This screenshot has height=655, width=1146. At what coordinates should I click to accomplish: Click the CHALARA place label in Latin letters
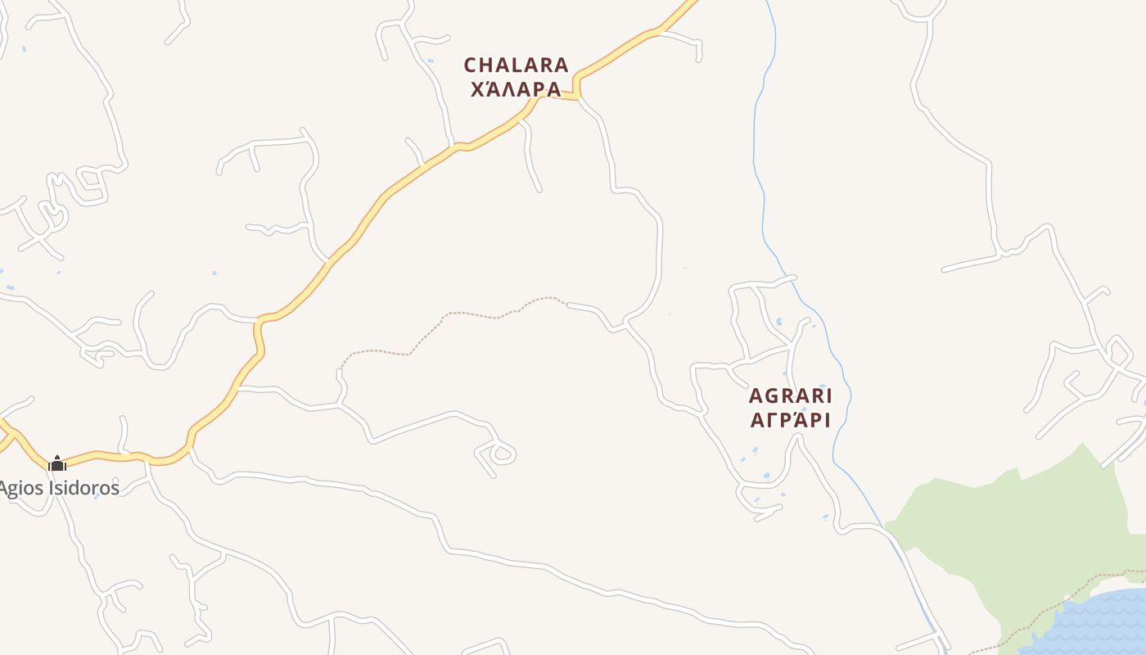[x=516, y=65]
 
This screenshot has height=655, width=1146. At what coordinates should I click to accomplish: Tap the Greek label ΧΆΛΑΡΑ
[x=516, y=88]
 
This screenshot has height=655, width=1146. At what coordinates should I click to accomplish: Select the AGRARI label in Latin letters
[x=790, y=396]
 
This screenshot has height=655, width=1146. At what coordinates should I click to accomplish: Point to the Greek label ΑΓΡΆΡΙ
[x=790, y=420]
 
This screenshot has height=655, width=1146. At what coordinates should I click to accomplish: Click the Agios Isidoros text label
[x=59, y=488]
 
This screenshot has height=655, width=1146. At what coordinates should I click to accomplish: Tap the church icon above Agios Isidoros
[x=57, y=463]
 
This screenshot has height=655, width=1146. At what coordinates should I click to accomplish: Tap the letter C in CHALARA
[x=470, y=65]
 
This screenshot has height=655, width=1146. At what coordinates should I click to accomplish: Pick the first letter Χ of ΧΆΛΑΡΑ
[x=478, y=88]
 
